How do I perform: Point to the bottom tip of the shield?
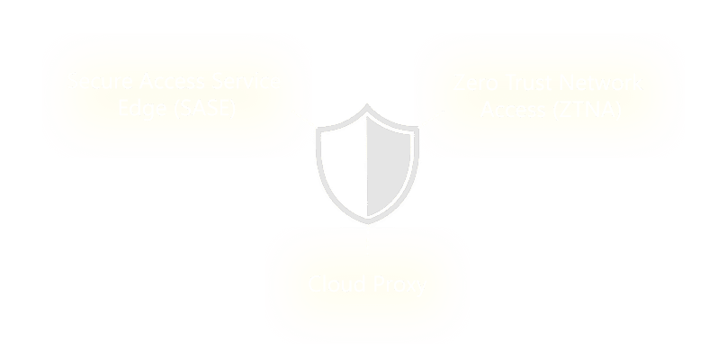(x=367, y=219)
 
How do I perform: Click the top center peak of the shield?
(x=367, y=106)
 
